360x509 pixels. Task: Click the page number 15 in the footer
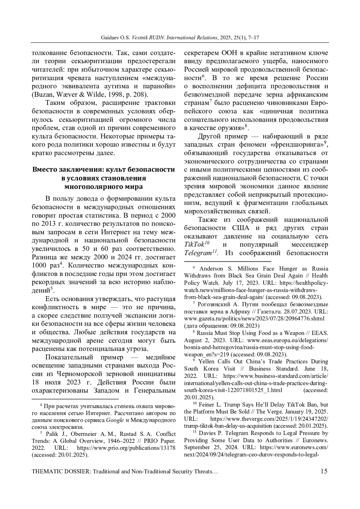click(x=324, y=471)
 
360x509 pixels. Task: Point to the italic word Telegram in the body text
click(x=198, y=253)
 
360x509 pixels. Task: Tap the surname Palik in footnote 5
click(x=51, y=434)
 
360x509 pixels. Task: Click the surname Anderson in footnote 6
click(x=212, y=268)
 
